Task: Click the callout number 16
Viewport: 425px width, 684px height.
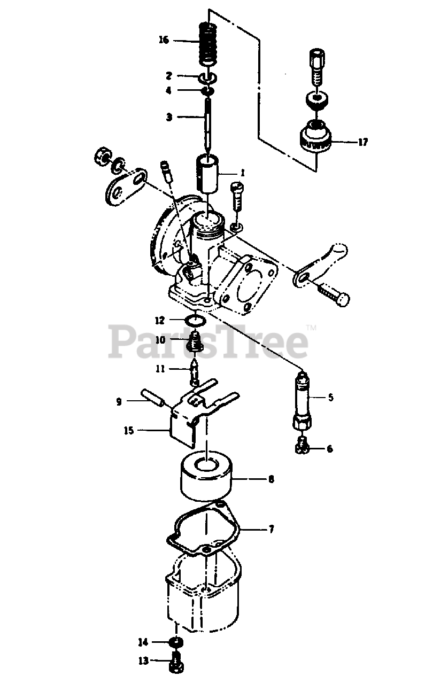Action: click(164, 40)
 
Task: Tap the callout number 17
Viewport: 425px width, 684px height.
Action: click(363, 142)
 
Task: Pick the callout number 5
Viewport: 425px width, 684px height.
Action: click(330, 398)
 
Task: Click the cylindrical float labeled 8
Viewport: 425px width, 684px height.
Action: click(206, 476)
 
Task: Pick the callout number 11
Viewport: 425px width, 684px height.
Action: click(160, 369)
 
